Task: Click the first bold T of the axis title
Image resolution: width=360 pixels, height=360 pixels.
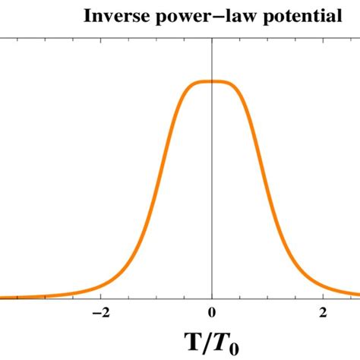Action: coord(194,339)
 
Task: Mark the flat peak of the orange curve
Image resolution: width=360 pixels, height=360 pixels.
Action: coord(212,81)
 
